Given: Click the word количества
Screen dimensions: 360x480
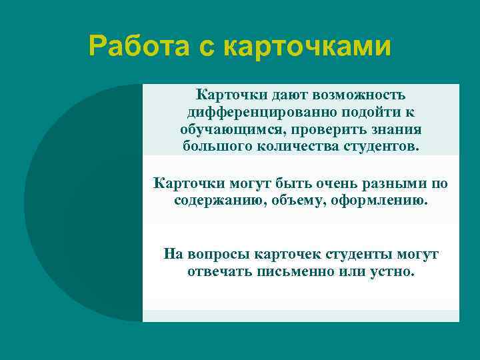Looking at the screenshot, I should [x=291, y=146].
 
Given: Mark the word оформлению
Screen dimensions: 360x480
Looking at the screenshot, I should [x=377, y=199].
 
